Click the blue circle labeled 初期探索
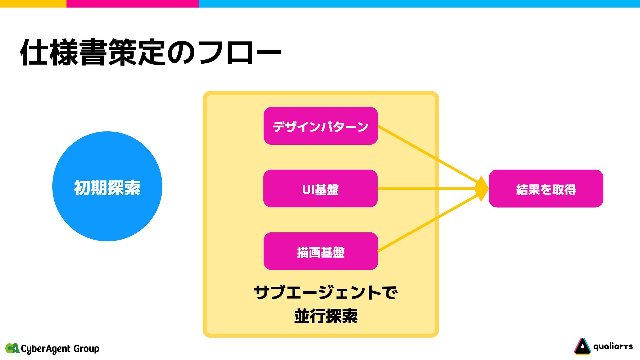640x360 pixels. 107,186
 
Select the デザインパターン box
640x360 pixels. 320,126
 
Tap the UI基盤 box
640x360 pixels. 320,189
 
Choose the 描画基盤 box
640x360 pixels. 320,251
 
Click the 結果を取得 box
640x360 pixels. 546,189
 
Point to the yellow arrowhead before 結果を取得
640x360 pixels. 482,189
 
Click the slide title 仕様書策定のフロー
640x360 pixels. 151,53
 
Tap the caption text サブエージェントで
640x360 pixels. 325,293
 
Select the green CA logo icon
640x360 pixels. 12,348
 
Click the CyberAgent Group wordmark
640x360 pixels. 60,349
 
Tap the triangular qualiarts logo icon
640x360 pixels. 582,347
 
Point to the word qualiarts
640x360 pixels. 613,347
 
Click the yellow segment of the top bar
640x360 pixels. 33,3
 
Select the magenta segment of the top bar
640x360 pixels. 132,3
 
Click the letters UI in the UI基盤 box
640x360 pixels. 308,190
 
